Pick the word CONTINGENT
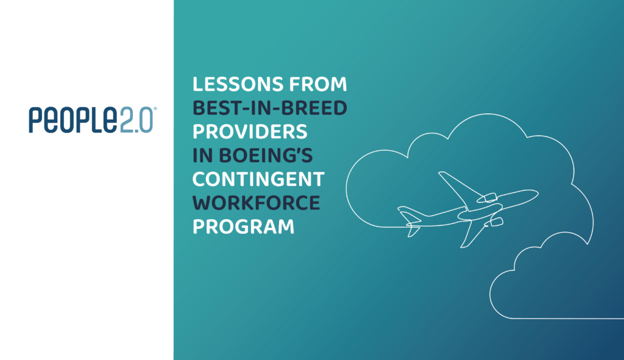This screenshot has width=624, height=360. (x=259, y=180)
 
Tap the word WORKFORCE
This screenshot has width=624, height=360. (x=257, y=204)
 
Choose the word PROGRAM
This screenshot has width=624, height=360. (x=243, y=227)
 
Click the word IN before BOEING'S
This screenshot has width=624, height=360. (x=201, y=157)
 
